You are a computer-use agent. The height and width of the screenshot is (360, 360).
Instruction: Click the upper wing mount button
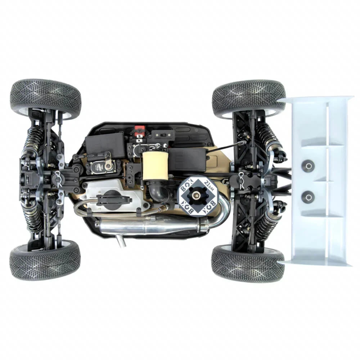(x=308, y=166)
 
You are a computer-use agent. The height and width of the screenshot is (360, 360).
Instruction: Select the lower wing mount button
(x=308, y=197)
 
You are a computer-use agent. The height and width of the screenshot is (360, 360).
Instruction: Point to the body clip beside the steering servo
(x=58, y=176)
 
